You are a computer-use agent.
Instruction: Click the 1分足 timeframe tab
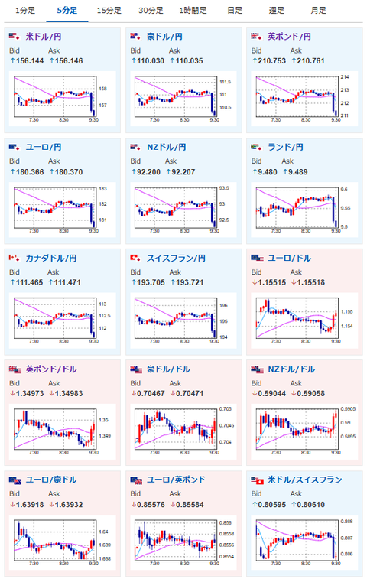pyautogui.click(x=25, y=11)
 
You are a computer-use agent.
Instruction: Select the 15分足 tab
pyautogui.click(x=109, y=11)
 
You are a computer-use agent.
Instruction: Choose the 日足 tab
pyautogui.click(x=235, y=11)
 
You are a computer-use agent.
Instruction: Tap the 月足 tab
pyautogui.click(x=318, y=11)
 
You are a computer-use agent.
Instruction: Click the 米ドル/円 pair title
pyautogui.click(x=43, y=37)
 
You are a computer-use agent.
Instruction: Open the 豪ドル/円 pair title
pyautogui.click(x=164, y=37)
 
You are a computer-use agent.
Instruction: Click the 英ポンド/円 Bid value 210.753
pyautogui.click(x=271, y=61)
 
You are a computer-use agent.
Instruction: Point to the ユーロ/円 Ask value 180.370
pyautogui.click(x=69, y=171)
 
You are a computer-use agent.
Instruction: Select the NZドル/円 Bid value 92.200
pyautogui.click(x=148, y=171)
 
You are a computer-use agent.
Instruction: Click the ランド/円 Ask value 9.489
pyautogui.click(x=298, y=171)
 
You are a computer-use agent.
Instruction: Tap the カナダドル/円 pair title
pyautogui.click(x=51, y=258)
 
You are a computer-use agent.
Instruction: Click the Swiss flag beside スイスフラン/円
pyautogui.click(x=135, y=258)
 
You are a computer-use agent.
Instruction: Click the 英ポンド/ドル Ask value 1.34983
pyautogui.click(x=69, y=394)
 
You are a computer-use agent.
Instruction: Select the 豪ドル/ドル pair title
pyautogui.click(x=168, y=369)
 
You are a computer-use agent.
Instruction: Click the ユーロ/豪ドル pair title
pyautogui.click(x=51, y=480)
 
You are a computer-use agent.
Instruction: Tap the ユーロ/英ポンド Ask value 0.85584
pyautogui.click(x=190, y=504)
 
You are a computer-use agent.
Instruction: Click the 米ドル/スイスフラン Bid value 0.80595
pyautogui.click(x=271, y=504)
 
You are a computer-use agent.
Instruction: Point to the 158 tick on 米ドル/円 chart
pyautogui.click(x=102, y=89)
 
